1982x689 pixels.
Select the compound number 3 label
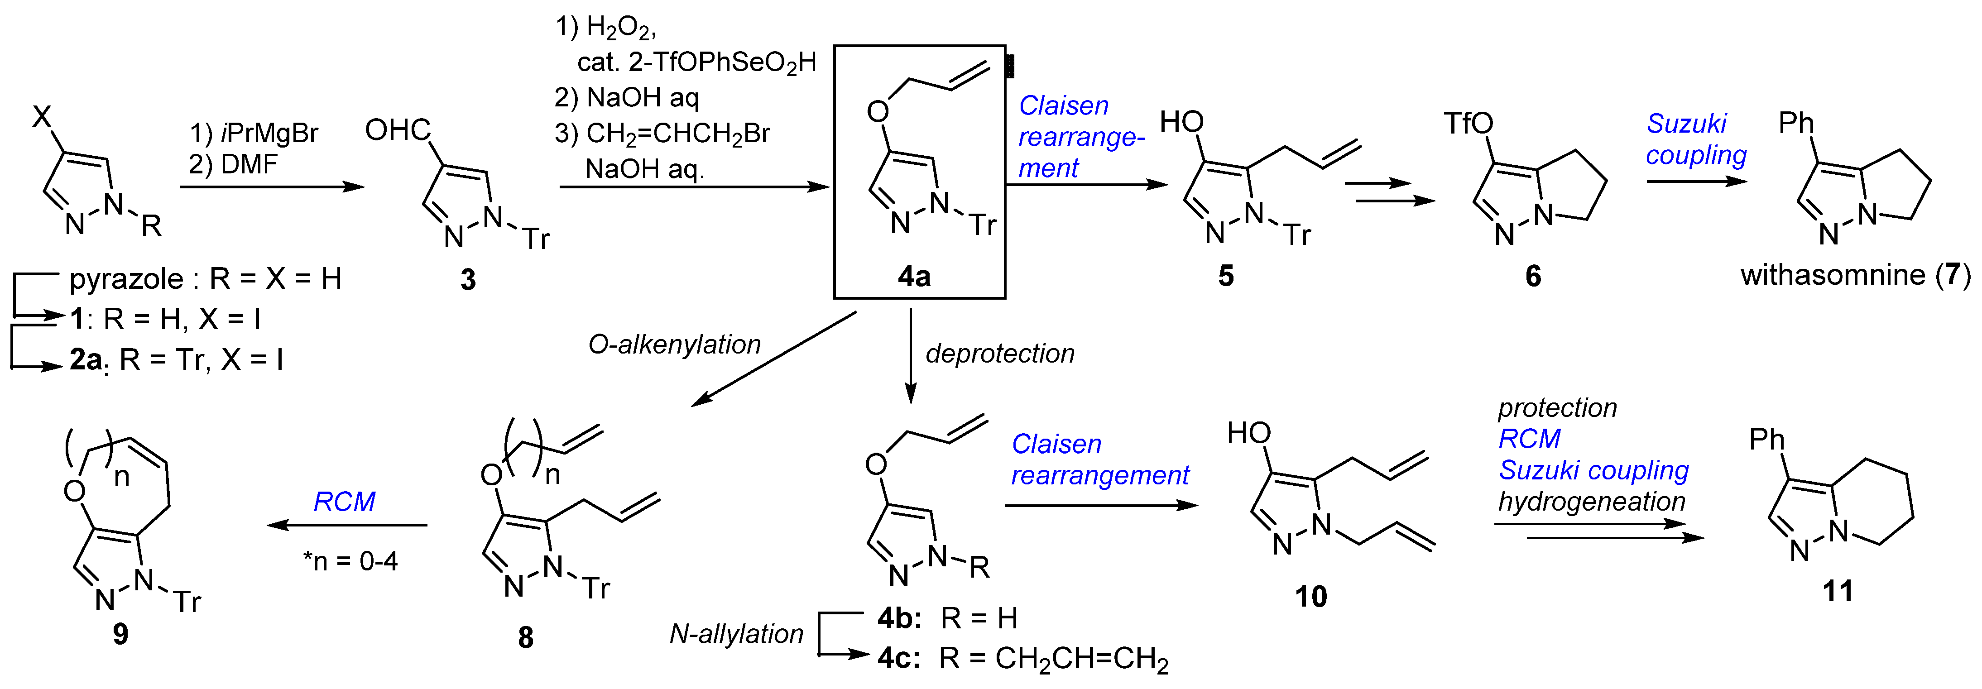tap(468, 280)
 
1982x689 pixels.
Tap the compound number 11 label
tap(1838, 591)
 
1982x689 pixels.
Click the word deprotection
tap(999, 354)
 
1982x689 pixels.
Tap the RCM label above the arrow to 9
tap(344, 502)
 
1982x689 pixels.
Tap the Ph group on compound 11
tap(1766, 440)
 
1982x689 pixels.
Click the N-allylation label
tap(736, 634)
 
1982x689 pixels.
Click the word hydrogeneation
tap(1591, 502)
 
